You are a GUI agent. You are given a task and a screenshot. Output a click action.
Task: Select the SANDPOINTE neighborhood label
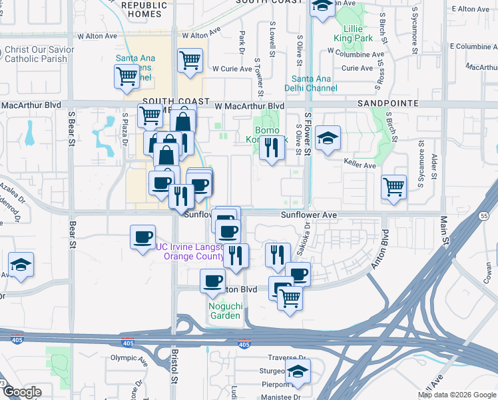[387, 103]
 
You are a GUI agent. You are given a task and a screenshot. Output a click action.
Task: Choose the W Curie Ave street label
[234, 69]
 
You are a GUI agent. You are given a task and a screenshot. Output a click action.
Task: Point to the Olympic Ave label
[127, 358]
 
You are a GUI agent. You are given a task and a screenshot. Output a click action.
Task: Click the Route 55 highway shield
[484, 216]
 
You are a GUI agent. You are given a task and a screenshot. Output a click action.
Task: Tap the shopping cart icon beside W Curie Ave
[190, 61]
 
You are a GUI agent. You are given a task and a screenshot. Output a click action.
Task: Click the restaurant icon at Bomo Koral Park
[271, 147]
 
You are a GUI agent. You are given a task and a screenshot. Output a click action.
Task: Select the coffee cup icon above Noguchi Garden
[213, 281]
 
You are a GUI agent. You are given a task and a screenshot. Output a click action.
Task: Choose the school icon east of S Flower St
[328, 139]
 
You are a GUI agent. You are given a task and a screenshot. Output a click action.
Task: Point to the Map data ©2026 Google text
[457, 394]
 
